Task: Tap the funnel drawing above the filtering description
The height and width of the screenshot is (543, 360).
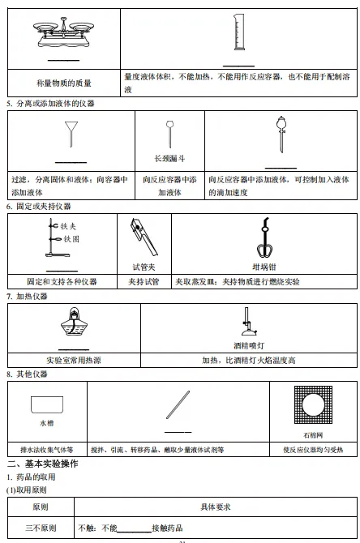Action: pyautogui.click(x=73, y=132)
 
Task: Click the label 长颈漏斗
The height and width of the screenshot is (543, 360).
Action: pyautogui.click(x=169, y=159)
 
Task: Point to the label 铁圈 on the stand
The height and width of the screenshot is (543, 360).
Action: pyautogui.click(x=69, y=239)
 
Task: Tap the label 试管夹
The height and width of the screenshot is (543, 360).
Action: pyautogui.click(x=144, y=266)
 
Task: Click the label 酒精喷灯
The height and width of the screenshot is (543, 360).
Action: pyautogui.click(x=248, y=344)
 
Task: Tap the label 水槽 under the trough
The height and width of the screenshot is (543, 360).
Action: pyautogui.click(x=46, y=423)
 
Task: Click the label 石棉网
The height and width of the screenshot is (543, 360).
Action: pyautogui.click(x=312, y=434)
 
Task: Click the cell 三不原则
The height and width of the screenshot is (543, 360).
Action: pyautogui.click(x=40, y=528)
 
